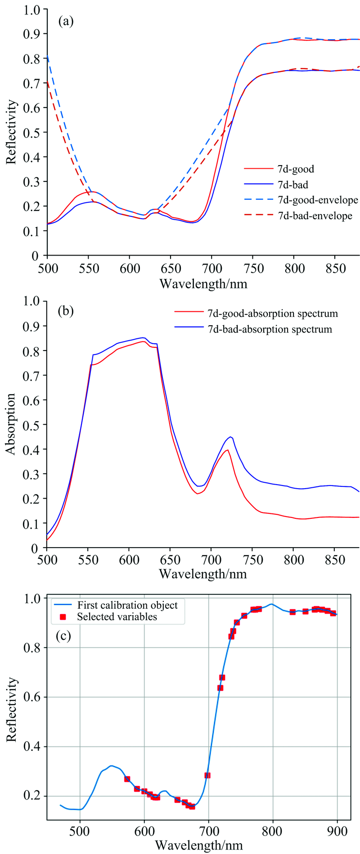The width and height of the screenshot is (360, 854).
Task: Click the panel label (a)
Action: pos(66,22)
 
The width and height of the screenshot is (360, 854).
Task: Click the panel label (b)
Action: pos(66,310)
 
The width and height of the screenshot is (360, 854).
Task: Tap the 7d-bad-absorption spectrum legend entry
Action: pos(270,329)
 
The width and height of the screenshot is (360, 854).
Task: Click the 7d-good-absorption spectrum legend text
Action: pos(273,313)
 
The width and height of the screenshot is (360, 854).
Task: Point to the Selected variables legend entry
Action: pos(117,616)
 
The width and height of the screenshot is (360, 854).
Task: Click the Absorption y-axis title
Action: pos(10,424)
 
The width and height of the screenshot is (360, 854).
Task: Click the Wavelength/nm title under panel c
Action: pos(202,845)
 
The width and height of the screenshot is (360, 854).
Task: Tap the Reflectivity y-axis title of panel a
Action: pos(12,132)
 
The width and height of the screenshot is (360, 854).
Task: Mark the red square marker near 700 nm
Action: pos(207,775)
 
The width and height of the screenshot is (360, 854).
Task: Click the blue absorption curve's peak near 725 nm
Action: pos(231,436)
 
